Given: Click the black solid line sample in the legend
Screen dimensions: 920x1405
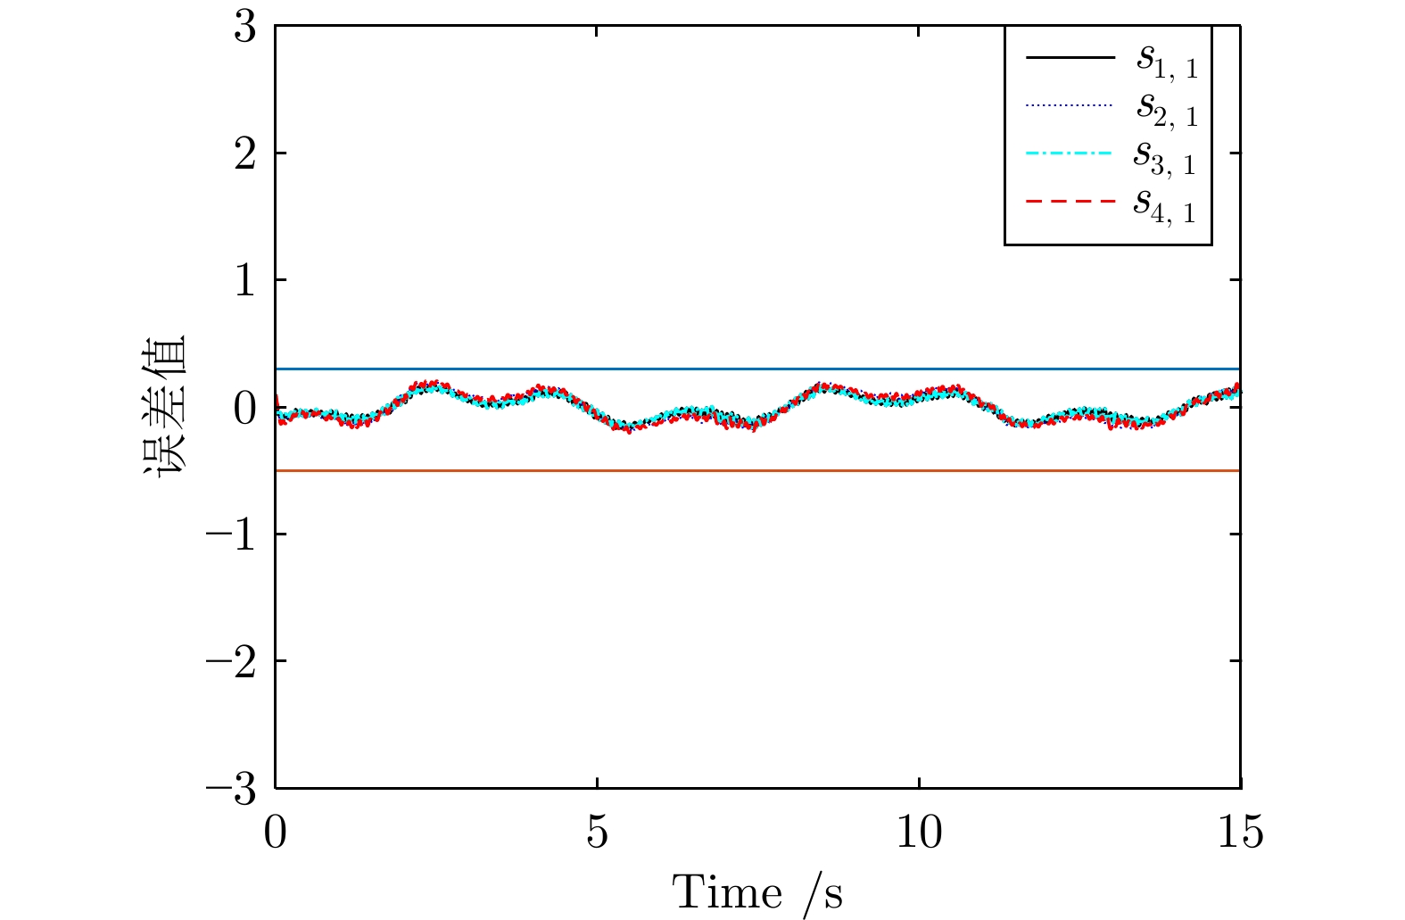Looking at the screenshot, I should (x=1070, y=58).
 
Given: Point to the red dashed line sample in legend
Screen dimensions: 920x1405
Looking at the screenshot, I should (x=1070, y=203).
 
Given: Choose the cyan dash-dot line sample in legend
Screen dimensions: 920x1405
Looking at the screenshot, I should (x=1070, y=154).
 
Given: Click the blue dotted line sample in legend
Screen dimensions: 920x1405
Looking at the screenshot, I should (x=1070, y=106).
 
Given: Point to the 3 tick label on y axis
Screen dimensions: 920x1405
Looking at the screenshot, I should (x=245, y=27).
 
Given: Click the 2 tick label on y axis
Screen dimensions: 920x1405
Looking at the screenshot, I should (x=245, y=153).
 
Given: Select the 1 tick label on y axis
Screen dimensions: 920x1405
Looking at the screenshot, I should (x=245, y=280).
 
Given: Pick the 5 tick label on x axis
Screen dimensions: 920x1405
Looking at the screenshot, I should (x=597, y=833).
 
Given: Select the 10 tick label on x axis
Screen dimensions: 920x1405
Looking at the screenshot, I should (x=919, y=833).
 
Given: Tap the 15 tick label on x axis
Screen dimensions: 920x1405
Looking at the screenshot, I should (x=1240, y=833).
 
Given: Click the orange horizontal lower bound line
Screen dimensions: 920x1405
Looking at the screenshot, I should (x=758, y=470).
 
